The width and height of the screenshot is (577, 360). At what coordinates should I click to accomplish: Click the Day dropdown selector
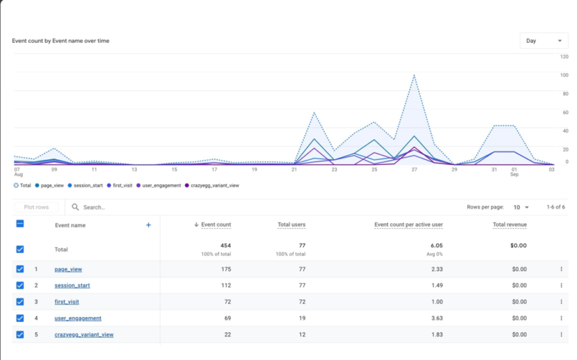543,41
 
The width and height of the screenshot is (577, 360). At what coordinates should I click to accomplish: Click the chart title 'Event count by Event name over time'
60,41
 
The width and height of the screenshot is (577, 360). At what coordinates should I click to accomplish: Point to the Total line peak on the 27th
414,75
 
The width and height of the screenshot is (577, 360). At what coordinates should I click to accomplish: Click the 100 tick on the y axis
564,75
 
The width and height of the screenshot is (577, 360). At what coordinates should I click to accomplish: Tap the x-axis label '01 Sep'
514,172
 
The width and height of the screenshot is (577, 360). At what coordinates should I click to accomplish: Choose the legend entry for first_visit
121,185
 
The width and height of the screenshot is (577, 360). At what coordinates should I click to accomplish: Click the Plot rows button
37,207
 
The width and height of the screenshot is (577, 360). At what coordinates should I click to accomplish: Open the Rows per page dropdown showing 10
522,207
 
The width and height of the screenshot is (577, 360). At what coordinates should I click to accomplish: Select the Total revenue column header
509,225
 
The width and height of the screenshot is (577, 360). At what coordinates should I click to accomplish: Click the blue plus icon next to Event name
149,225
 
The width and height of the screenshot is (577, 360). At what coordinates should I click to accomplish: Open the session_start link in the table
72,286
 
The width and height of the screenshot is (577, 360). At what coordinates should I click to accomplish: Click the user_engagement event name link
78,318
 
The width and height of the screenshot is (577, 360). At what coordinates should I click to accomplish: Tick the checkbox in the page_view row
20,269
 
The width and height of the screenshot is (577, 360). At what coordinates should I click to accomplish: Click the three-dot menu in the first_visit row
561,302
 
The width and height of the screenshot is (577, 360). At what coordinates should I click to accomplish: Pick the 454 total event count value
225,246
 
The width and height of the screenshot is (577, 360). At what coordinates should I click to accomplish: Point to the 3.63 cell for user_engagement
437,318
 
